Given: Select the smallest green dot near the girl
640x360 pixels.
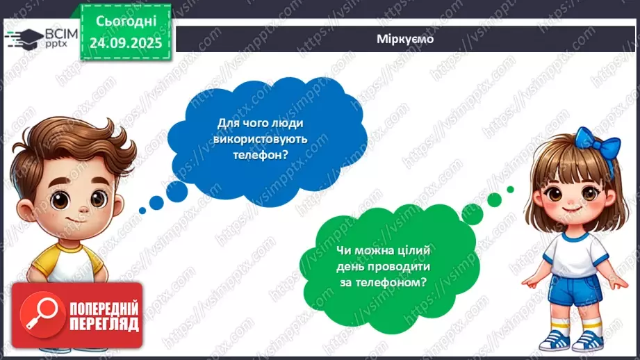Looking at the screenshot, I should pos(511,189).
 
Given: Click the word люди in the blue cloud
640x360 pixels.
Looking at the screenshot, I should pos(290,122).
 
